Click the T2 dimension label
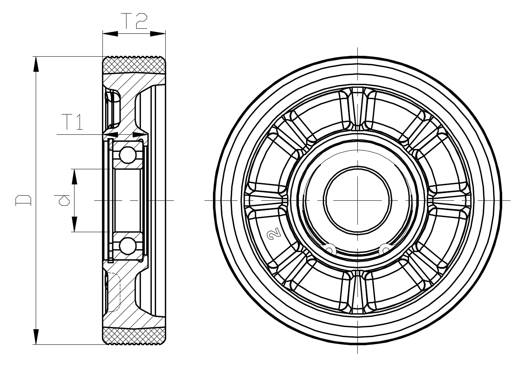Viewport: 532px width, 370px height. click(x=134, y=21)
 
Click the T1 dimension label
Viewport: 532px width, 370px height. click(x=73, y=122)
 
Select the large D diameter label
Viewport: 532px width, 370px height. click(x=23, y=200)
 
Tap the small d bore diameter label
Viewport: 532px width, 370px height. click(x=62, y=200)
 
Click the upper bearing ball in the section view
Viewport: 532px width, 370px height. click(x=128, y=155)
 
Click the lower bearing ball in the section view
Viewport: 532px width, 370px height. click(x=128, y=246)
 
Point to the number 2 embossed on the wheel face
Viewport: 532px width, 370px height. click(x=274, y=233)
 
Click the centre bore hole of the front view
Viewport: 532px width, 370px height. click(x=357, y=200)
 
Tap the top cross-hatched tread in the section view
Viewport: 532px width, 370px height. click(x=134, y=65)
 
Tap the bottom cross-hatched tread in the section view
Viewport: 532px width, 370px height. click(x=134, y=336)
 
